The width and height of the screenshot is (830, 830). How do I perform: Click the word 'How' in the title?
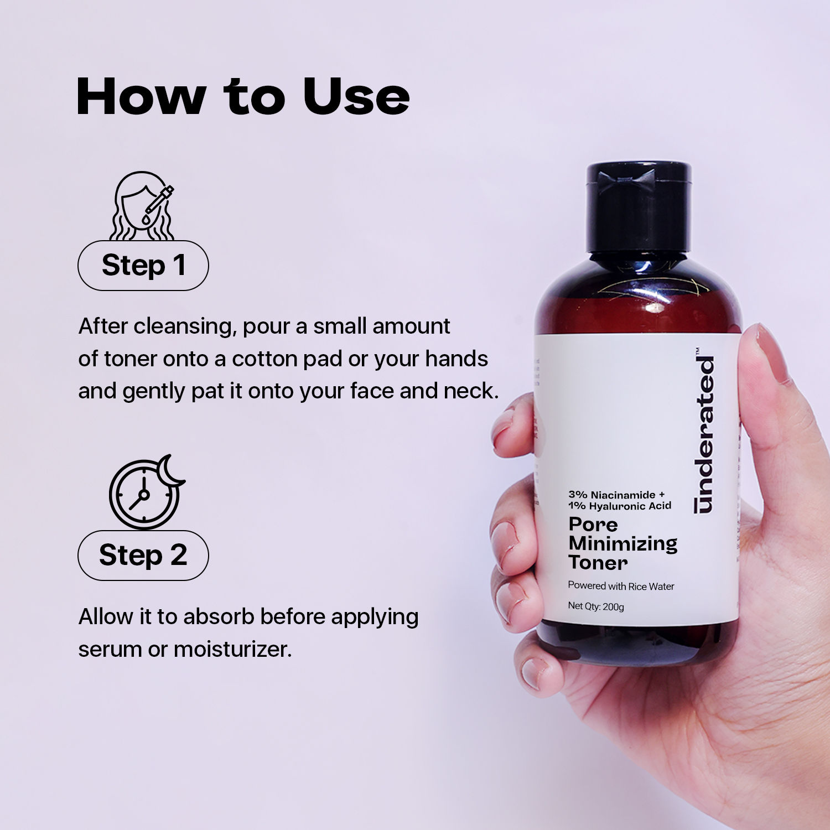pos(141,97)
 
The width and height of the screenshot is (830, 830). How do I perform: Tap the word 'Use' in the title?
pos(356,97)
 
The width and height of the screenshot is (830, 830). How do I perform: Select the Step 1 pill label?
pos(143,266)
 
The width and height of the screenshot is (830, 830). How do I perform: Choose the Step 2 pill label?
pos(143,555)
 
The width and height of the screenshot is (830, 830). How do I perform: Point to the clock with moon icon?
pos(146,491)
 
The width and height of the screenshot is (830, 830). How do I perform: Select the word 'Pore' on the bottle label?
pos(593,524)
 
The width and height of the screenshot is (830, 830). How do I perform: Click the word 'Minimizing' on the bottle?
pos(623,543)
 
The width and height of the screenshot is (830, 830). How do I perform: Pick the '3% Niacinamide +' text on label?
pos(616,495)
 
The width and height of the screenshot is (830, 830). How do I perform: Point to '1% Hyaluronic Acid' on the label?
pos(620,506)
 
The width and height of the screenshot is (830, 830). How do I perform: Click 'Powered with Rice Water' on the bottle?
pos(621,586)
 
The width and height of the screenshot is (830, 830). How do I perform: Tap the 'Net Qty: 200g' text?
pos(596,606)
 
